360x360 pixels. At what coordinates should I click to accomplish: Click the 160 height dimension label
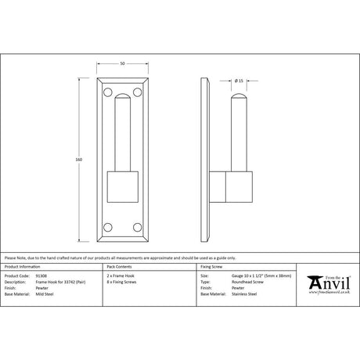pyautogui.click(x=78, y=160)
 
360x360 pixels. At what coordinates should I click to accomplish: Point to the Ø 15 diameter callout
pyautogui.click(x=238, y=80)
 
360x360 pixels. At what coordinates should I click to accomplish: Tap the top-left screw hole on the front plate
pyautogui.click(x=106, y=92)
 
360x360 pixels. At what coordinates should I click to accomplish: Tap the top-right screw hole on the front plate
pyautogui.click(x=138, y=92)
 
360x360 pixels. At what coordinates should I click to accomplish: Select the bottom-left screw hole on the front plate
pyautogui.click(x=106, y=229)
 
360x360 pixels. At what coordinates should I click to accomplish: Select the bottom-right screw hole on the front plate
pyautogui.click(x=138, y=229)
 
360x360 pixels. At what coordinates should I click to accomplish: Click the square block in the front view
pyautogui.click(x=122, y=188)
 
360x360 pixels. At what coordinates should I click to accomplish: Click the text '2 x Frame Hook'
pyautogui.click(x=120, y=276)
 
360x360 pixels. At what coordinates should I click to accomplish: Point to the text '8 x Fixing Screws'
pyautogui.click(x=121, y=283)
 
